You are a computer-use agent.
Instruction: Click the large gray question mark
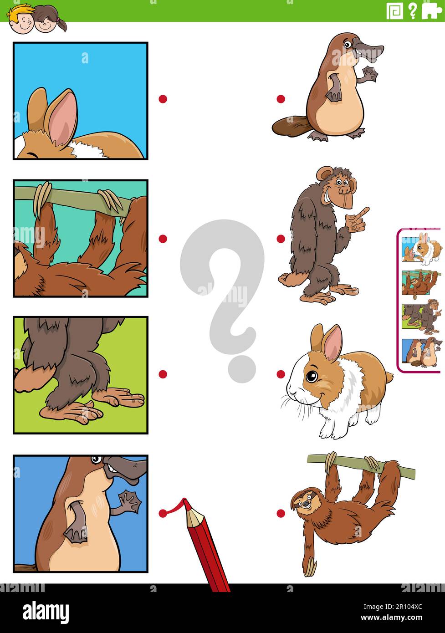(x=222, y=291)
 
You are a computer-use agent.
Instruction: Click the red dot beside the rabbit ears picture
(x=163, y=99)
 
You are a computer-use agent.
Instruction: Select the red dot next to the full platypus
(x=281, y=99)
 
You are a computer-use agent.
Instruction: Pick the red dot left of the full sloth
(x=281, y=513)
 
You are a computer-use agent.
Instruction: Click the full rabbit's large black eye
(x=312, y=377)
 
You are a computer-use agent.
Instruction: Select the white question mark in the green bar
(x=412, y=10)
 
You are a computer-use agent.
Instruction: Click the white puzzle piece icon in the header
(x=431, y=10)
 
